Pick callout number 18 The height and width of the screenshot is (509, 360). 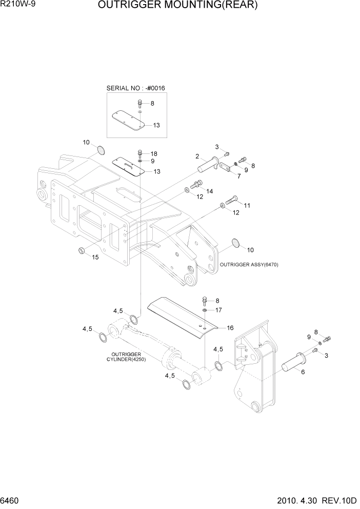coord(154,154)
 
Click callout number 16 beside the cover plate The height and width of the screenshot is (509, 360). coord(230,327)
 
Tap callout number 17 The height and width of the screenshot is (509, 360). coord(218,310)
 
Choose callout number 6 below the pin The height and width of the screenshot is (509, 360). coord(303,372)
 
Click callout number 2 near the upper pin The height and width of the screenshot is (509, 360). coord(197,156)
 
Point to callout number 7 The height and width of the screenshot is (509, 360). coord(238,175)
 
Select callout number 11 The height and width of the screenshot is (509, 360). coord(247,205)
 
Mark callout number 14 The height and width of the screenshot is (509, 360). coord(210,191)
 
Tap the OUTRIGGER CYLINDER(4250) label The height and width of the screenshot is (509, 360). coord(129,356)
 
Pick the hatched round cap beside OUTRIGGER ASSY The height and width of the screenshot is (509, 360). coord(235,242)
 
